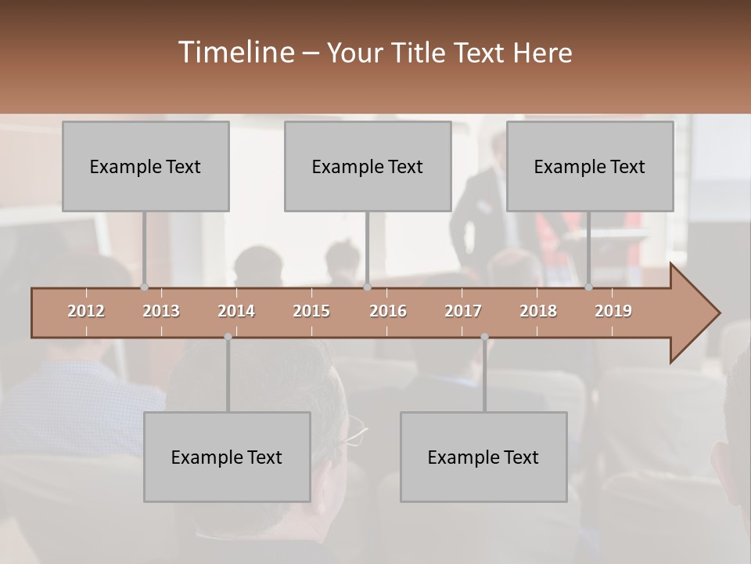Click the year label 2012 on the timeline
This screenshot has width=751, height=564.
pos(86,311)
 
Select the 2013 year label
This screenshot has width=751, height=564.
pos(161,311)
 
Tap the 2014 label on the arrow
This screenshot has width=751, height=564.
pos(236,311)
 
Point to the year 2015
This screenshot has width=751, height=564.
pos(311,311)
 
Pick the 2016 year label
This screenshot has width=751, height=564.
pos(388,311)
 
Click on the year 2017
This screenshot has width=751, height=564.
pos(463,311)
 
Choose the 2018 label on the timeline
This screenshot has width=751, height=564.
pos(538,311)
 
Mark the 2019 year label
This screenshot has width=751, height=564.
pos(613,311)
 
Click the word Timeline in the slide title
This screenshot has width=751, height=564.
pos(235,52)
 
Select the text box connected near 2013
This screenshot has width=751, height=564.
pos(146,166)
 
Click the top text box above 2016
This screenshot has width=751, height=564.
pos(368,166)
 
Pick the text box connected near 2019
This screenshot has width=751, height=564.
pos(590,166)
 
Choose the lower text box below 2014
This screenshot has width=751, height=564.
pos(227,457)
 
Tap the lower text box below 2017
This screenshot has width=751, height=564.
pos(483,457)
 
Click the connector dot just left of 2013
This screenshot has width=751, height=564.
pos(145,287)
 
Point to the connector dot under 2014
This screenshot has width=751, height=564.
pos(228,337)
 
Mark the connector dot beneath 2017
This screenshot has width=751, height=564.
pos(484,337)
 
